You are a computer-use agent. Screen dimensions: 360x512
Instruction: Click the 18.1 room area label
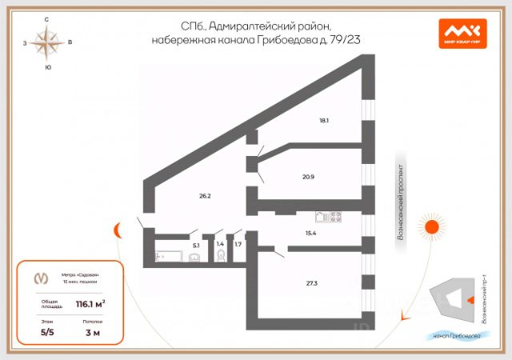click(x=324, y=121)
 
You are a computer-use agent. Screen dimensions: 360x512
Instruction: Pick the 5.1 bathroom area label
click(x=195, y=246)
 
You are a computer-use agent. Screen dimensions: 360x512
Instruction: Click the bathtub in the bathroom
click(x=165, y=257)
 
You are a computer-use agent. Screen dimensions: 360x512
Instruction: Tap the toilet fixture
click(x=221, y=256)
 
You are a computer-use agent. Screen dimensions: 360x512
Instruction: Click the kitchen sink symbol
click(x=321, y=216)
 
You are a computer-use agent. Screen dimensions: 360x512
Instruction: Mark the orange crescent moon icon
click(x=118, y=230)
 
